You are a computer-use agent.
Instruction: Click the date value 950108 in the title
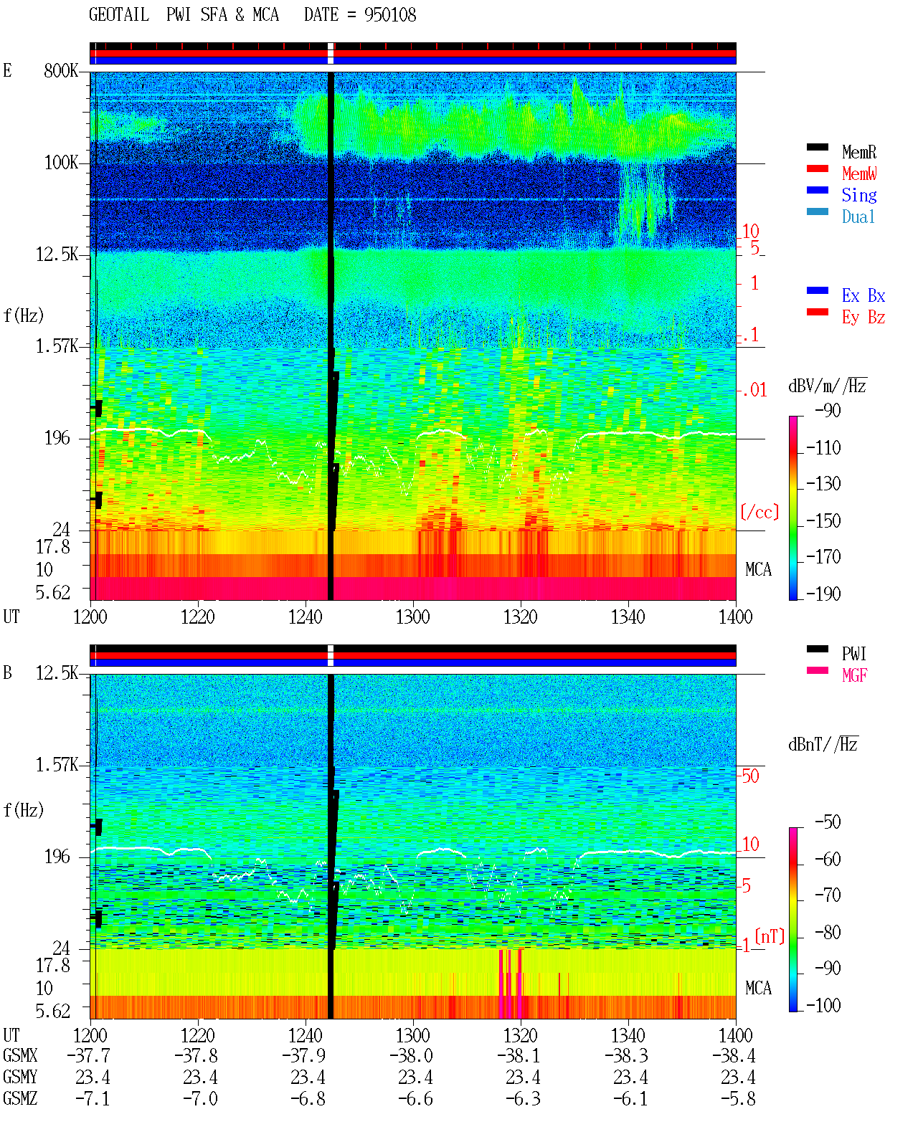tap(390, 15)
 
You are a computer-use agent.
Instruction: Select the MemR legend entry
tap(858, 152)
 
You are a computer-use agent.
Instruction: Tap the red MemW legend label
tap(859, 173)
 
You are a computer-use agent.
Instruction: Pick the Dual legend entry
tap(858, 216)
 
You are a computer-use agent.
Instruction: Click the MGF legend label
tap(854, 675)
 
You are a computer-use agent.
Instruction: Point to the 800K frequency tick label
tap(61, 70)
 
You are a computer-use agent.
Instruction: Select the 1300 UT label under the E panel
tap(412, 617)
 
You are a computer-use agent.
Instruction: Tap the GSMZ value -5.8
tap(737, 1098)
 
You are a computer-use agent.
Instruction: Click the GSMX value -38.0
tap(411, 1056)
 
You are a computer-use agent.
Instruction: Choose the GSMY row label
tap(20, 1077)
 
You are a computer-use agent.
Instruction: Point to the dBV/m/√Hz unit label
tap(828, 386)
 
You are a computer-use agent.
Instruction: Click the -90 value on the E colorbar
tap(828, 411)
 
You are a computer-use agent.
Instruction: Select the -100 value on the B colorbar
tap(823, 1005)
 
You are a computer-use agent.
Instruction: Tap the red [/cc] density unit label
tap(760, 512)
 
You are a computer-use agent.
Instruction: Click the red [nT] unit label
tap(770, 936)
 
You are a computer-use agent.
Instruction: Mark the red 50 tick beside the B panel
tap(751, 776)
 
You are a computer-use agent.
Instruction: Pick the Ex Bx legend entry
tap(863, 295)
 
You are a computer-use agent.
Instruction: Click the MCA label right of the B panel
tap(758, 988)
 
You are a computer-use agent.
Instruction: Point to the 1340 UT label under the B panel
tap(628, 1036)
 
